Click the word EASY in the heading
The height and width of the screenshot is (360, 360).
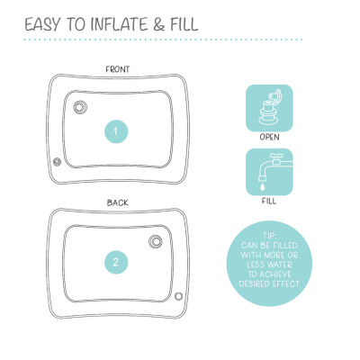pos(41,24)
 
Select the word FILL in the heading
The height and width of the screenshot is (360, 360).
pos(184,24)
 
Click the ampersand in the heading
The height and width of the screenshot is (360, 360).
pos(158,24)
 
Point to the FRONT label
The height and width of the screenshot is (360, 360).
pos(118,69)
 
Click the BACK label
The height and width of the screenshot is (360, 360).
pos(118,202)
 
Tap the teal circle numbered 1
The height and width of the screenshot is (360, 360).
pos(116,131)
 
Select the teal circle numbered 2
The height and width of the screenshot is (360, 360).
pos(116,262)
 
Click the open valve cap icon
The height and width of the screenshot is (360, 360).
pos(269,108)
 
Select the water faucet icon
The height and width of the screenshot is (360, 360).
pos(269,172)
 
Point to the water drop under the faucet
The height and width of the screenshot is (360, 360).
pos(263,187)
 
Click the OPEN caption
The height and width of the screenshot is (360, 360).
pos(269,137)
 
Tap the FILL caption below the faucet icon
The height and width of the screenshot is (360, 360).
pos(269,201)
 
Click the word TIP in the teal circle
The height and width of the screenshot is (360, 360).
pos(269,236)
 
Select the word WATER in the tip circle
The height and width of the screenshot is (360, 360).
pos(280,265)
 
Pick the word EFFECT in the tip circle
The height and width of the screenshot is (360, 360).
pos(286,283)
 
